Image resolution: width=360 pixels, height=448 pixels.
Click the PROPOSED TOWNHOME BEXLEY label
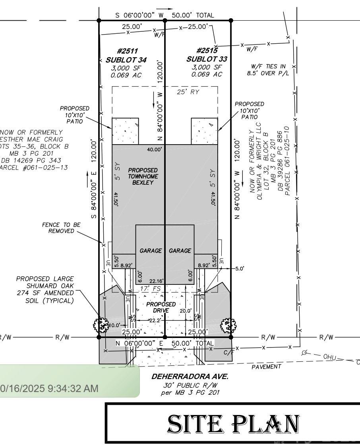tap(143, 176)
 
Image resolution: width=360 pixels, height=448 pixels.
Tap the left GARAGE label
tap(151, 251)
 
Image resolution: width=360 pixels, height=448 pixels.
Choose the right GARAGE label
tap(180, 251)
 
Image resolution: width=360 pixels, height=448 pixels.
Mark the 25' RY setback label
tap(188, 92)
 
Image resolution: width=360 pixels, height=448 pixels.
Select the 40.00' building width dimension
tap(155, 149)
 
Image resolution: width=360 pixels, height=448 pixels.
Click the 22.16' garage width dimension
tap(156, 281)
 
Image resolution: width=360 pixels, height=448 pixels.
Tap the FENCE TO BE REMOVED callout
tap(61, 228)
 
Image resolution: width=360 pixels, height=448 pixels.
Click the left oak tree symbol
tap(101, 324)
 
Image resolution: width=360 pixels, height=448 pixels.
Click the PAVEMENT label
tap(266, 367)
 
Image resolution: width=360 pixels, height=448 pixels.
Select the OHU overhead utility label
tap(330, 357)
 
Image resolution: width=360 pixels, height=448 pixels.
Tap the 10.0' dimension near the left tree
tap(114, 325)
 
